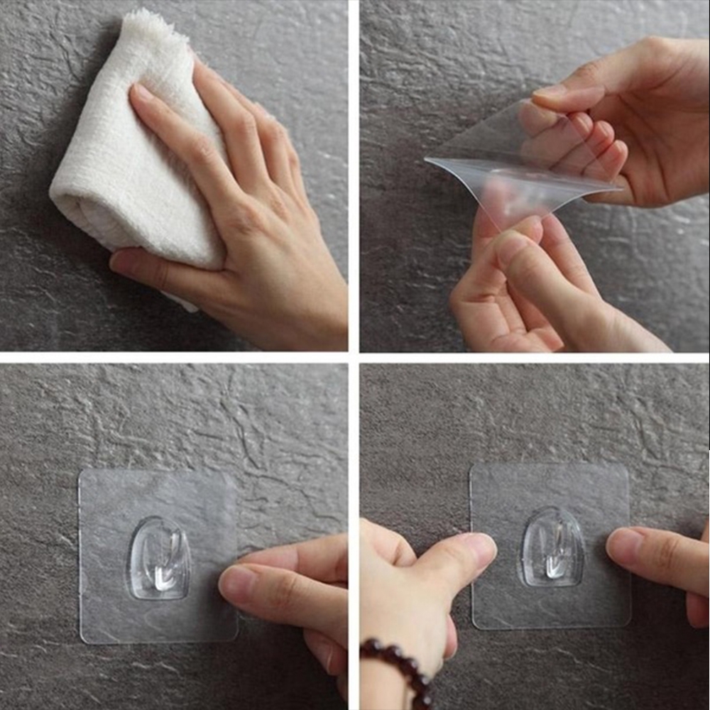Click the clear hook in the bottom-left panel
159,557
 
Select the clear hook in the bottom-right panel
552,547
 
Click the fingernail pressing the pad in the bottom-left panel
236,582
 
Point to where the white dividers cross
354,357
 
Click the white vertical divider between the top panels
354,177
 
